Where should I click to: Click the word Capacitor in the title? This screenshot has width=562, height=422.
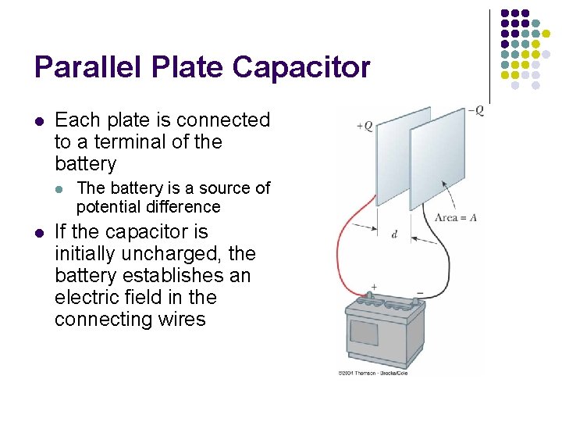pyautogui.click(x=301, y=68)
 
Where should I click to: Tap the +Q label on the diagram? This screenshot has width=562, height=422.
pyautogui.click(x=365, y=126)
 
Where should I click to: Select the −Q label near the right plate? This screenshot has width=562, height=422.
pyautogui.click(x=475, y=111)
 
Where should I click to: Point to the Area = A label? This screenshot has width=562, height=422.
pyautogui.click(x=455, y=217)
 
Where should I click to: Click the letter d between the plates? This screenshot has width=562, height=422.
pyautogui.click(x=394, y=234)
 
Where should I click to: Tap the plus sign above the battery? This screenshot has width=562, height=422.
pyautogui.click(x=373, y=287)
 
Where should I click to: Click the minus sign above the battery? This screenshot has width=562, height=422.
pyautogui.click(x=420, y=295)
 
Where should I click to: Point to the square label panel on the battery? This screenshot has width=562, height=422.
pyautogui.click(x=364, y=332)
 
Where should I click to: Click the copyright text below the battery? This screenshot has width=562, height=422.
pyautogui.click(x=372, y=373)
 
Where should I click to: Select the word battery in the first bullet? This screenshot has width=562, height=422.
pyautogui.click(x=85, y=164)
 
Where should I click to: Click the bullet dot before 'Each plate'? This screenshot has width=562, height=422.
pyautogui.click(x=39, y=121)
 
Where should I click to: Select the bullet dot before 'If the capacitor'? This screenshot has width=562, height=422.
pyautogui.click(x=39, y=233)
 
